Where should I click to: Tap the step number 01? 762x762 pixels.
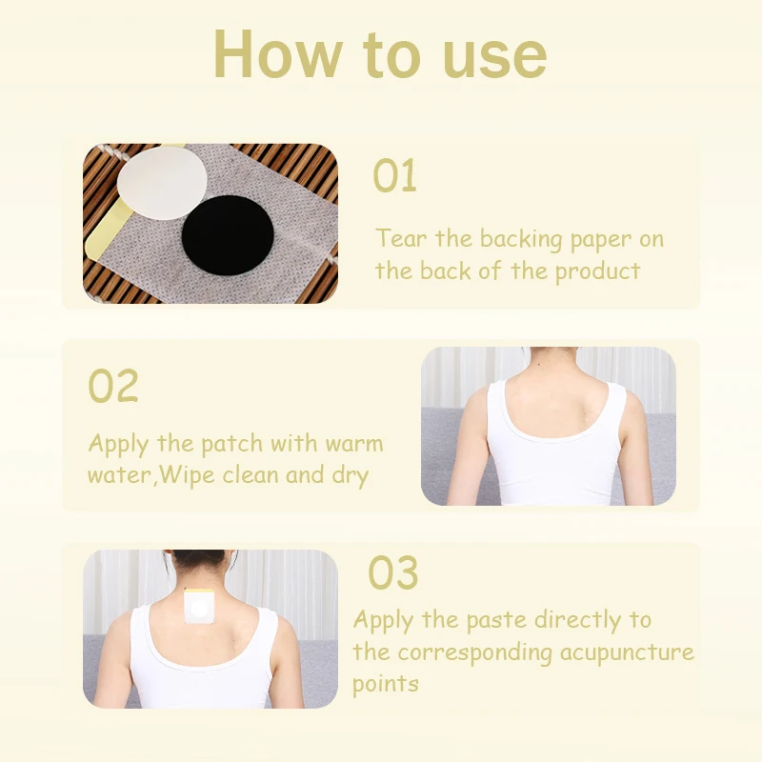click(394, 177)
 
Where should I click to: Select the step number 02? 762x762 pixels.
click(113, 387)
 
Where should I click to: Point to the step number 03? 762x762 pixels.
click(393, 573)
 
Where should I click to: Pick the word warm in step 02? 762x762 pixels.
click(352, 444)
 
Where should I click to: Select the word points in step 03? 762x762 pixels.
click(386, 685)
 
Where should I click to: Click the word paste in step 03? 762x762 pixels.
click(496, 620)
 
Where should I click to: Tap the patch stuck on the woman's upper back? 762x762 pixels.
click(201, 606)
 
